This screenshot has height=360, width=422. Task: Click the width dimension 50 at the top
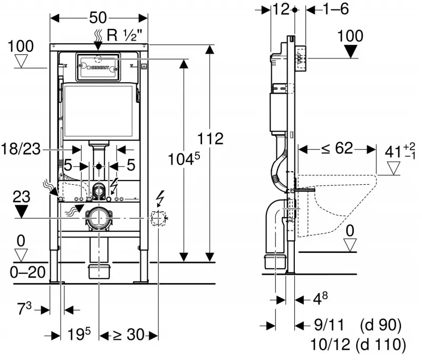98,18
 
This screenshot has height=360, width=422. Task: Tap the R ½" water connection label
124,35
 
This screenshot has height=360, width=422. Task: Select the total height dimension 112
210,138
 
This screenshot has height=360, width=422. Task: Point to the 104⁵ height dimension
184,159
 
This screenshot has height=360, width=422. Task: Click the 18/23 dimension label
21,149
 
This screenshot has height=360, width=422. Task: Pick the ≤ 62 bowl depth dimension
337,148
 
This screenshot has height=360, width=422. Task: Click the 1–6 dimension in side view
335,9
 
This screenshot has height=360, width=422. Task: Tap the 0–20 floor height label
28,272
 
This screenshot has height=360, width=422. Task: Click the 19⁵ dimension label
79,334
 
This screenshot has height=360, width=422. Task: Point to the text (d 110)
380,344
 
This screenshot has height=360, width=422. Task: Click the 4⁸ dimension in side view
321,298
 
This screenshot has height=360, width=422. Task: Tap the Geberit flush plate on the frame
98,68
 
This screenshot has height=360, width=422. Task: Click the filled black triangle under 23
21,212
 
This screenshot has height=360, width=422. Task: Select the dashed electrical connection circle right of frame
158,218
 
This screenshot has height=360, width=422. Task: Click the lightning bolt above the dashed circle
161,198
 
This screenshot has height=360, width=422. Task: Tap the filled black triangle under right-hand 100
351,51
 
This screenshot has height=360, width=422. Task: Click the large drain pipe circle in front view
99,218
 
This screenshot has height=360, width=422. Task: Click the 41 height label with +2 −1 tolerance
400,151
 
